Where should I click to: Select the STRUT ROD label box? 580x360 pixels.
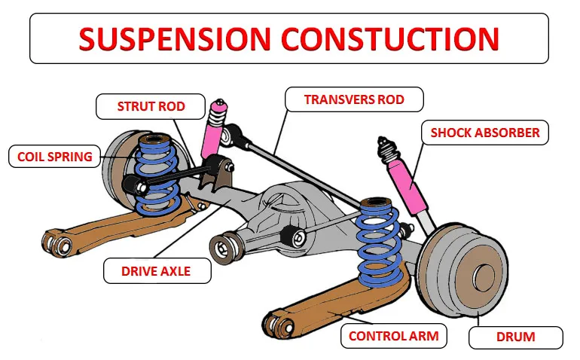[151, 106]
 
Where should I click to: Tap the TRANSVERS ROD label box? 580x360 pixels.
[353, 99]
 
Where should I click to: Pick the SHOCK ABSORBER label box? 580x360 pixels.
[484, 133]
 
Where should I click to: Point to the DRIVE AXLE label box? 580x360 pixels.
[156, 271]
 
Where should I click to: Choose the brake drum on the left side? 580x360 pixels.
[121, 169]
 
